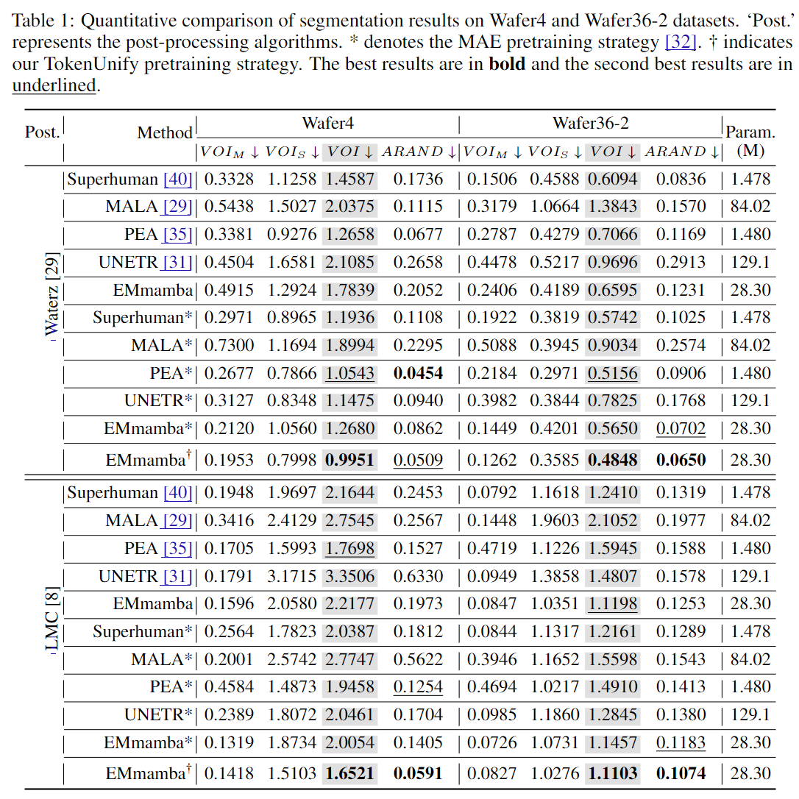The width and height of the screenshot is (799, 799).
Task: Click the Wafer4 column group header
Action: [x=327, y=124]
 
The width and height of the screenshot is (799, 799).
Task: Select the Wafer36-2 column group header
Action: [x=590, y=124]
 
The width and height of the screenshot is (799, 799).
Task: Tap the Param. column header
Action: [x=750, y=132]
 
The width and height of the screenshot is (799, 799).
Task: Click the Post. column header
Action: [x=42, y=132]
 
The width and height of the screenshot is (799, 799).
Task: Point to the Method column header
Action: [x=165, y=133]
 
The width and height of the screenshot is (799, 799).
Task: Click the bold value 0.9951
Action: [x=349, y=461]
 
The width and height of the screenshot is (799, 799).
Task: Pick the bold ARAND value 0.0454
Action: [x=418, y=373]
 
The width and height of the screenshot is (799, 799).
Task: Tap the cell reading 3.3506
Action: [x=349, y=576]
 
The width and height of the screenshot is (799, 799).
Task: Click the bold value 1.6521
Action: [x=349, y=773]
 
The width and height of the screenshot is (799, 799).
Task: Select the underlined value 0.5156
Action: [x=613, y=373]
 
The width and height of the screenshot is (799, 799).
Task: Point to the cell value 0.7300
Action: [x=228, y=345]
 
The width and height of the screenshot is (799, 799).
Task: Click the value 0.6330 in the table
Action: [x=418, y=576]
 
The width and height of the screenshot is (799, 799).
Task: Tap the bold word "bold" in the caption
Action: [x=507, y=63]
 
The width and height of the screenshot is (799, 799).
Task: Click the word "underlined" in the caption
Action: [x=54, y=85]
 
